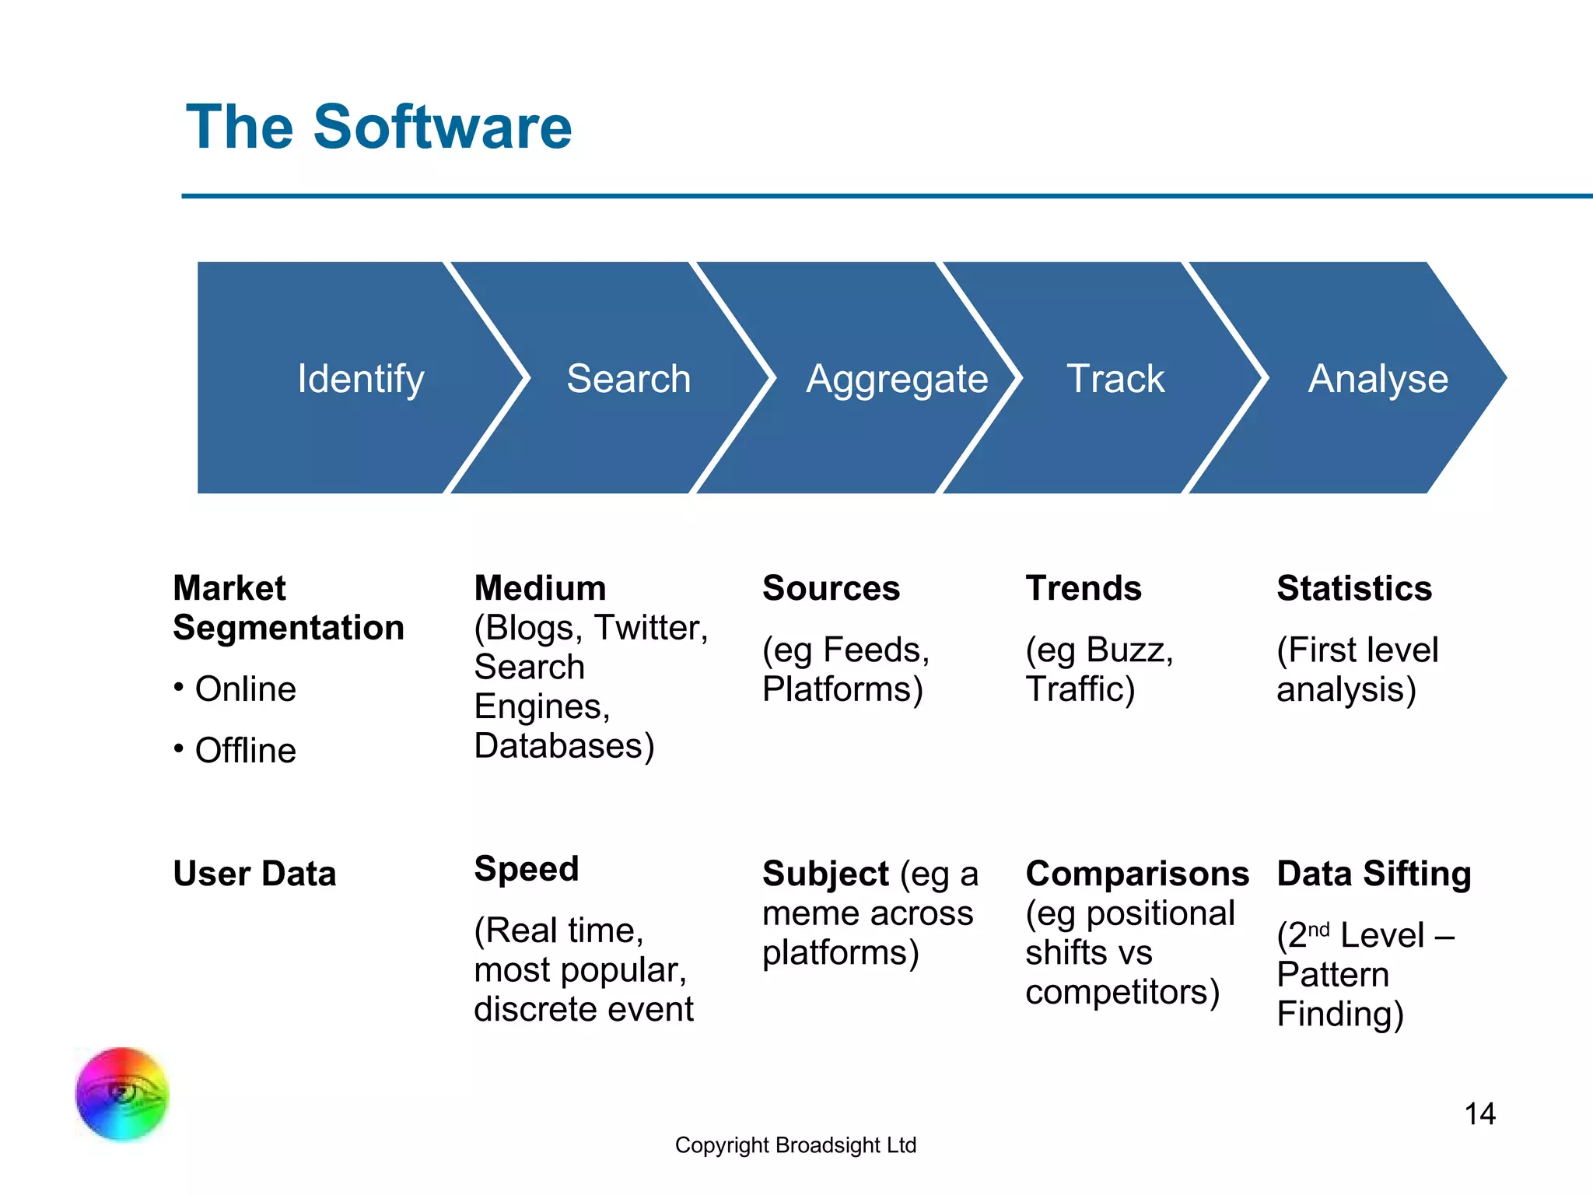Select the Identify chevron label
(x=361, y=379)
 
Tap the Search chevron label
(x=628, y=379)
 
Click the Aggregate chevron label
(x=897, y=380)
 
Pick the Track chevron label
(x=1115, y=379)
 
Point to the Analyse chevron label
(x=1378, y=379)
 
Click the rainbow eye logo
(x=122, y=1094)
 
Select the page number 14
(x=1479, y=1114)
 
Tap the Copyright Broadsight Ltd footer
(x=796, y=1145)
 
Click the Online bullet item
(x=245, y=689)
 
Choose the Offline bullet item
(x=245, y=751)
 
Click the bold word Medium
(x=540, y=588)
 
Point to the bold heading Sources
(x=831, y=588)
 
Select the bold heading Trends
(x=1084, y=588)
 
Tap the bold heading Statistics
(x=1354, y=588)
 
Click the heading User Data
(x=254, y=874)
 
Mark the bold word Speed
(x=527, y=868)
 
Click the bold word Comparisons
(x=1137, y=874)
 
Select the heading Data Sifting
(x=1374, y=874)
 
